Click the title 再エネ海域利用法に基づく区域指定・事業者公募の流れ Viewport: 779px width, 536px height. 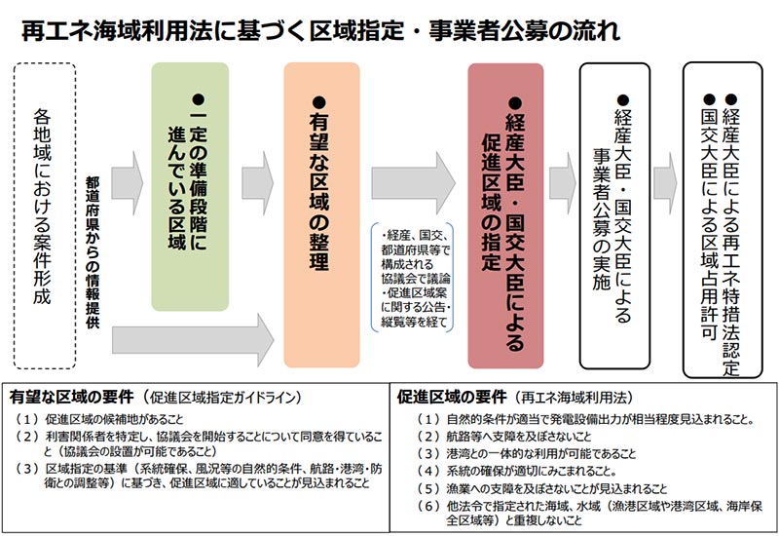(x=321, y=29)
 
